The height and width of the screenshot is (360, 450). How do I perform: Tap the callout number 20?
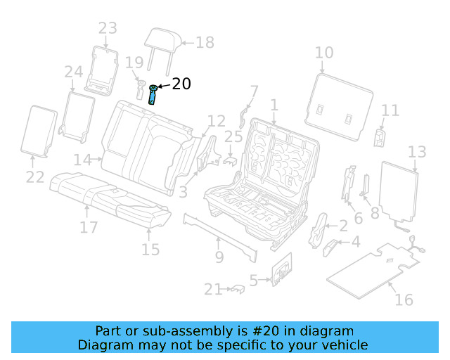pyautogui.click(x=181, y=84)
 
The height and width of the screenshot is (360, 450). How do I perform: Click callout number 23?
pyautogui.click(x=108, y=29)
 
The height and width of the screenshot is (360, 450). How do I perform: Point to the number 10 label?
pyautogui.click(x=323, y=53)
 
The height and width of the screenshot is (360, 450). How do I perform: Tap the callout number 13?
pyautogui.click(x=417, y=152)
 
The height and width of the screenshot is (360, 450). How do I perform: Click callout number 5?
pyautogui.click(x=254, y=280)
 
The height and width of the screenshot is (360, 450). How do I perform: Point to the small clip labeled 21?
pyautogui.click(x=237, y=288)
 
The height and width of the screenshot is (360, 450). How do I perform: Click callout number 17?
pyautogui.click(x=88, y=228)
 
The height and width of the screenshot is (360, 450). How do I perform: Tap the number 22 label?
pyautogui.click(x=35, y=177)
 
